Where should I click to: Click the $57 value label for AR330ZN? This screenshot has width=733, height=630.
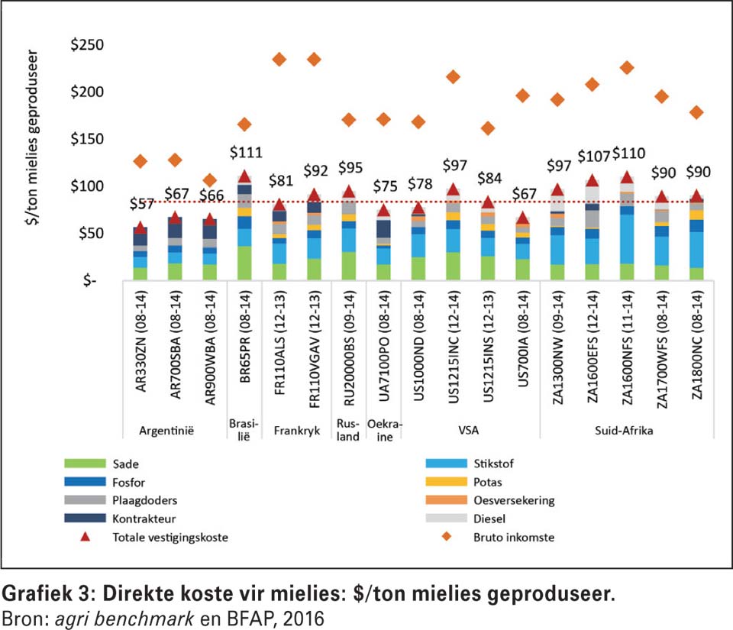tap(140, 204)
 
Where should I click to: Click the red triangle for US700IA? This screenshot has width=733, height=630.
tap(522, 218)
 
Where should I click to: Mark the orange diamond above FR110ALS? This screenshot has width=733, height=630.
tap(279, 60)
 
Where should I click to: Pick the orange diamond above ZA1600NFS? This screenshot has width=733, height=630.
tap(627, 68)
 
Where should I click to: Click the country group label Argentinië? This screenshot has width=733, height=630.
tap(165, 430)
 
